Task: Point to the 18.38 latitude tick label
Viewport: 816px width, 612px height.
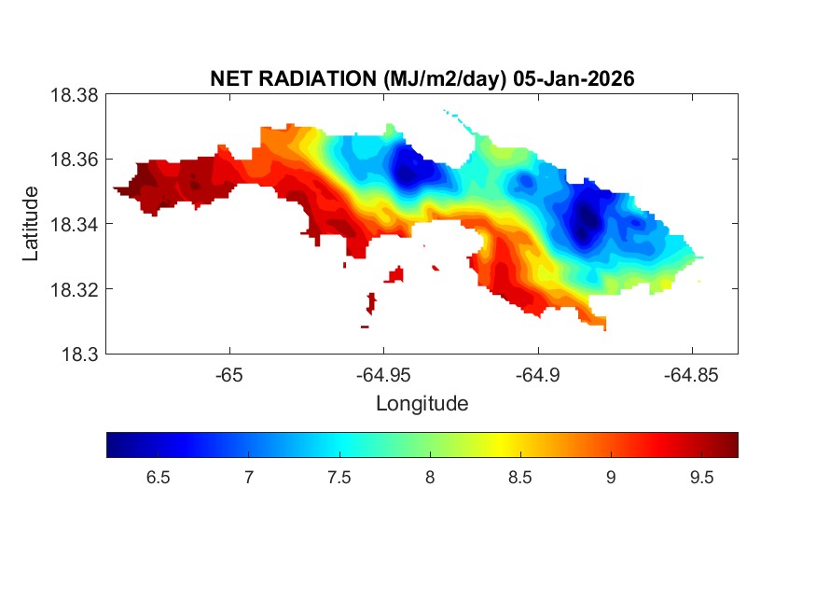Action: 74,94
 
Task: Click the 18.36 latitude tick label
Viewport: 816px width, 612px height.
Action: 74,160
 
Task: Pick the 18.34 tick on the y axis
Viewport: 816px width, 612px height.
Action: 74,224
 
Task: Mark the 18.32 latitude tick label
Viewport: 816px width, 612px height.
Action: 74,289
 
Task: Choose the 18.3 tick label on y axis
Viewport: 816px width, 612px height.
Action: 78,354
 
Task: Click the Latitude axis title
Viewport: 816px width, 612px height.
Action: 32,224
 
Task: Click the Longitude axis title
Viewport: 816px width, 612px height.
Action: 422,404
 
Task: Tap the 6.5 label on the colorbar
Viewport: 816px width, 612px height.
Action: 158,478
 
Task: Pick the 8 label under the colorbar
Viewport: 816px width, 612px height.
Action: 430,478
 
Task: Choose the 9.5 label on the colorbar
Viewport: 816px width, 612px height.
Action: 700,478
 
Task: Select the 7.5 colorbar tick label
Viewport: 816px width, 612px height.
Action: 339,478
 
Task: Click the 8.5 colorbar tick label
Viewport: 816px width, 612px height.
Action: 519,478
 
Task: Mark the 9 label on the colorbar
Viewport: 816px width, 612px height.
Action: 610,478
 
